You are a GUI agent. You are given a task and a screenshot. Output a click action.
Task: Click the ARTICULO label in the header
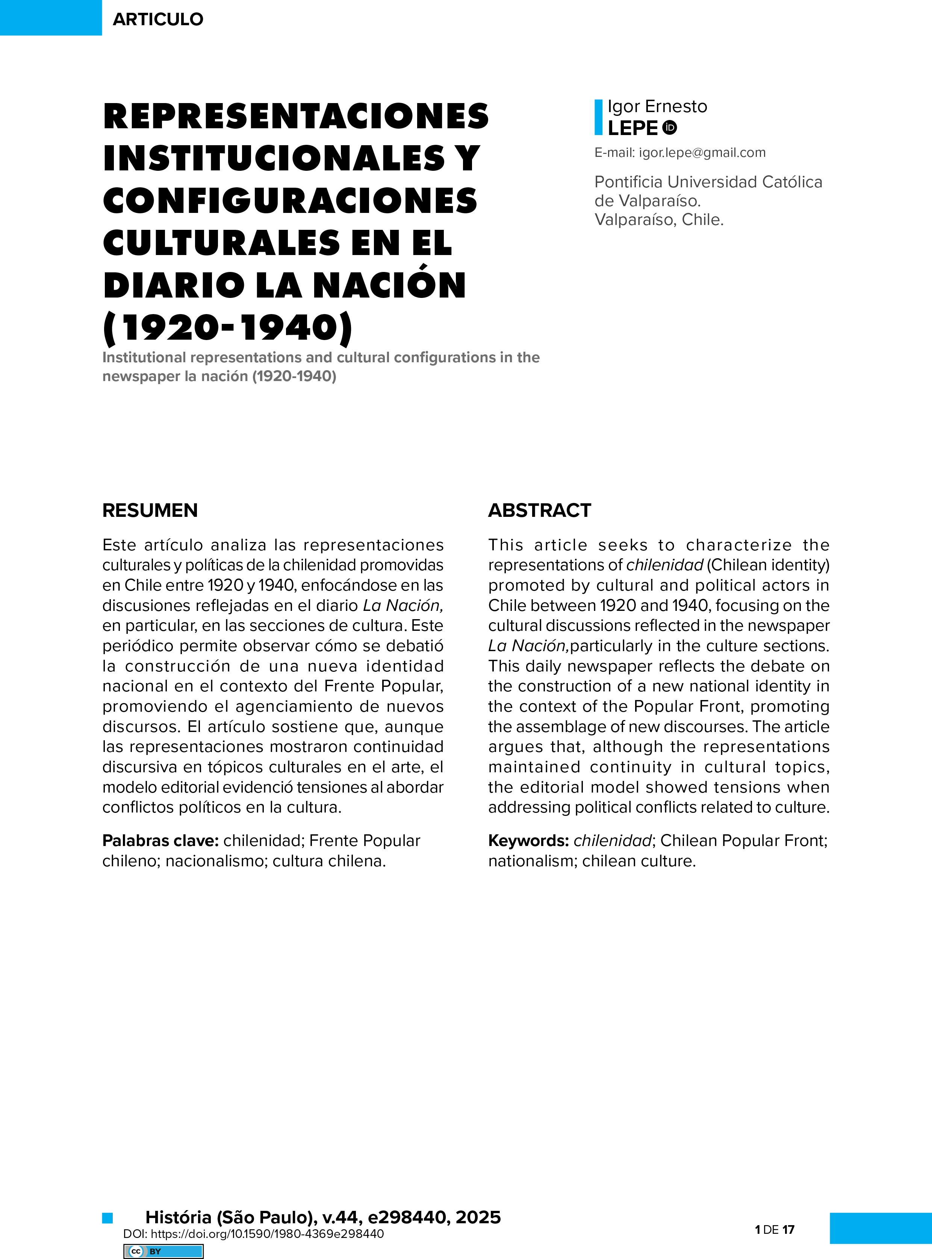tap(158, 19)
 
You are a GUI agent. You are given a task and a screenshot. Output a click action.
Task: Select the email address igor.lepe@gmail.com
tap(702, 152)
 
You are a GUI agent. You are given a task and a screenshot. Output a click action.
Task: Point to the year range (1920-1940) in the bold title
tap(228, 328)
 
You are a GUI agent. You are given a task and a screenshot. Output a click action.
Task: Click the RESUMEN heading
tap(150, 510)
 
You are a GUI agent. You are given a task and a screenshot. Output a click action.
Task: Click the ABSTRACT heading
tap(539, 510)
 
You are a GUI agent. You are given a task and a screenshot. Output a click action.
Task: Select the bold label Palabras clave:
tap(160, 841)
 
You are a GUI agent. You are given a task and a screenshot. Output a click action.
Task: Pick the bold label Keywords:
tap(528, 841)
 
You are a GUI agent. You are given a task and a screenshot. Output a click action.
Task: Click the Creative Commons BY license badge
tap(163, 1251)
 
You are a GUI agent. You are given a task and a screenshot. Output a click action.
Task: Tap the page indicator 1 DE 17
tap(775, 1229)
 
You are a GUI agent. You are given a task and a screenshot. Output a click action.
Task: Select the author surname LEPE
tap(632, 128)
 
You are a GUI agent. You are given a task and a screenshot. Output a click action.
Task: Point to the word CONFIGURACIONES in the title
tap(290, 201)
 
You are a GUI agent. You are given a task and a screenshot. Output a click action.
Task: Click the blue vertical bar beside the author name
tap(599, 117)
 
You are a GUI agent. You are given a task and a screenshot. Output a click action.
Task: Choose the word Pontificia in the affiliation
tap(628, 182)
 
